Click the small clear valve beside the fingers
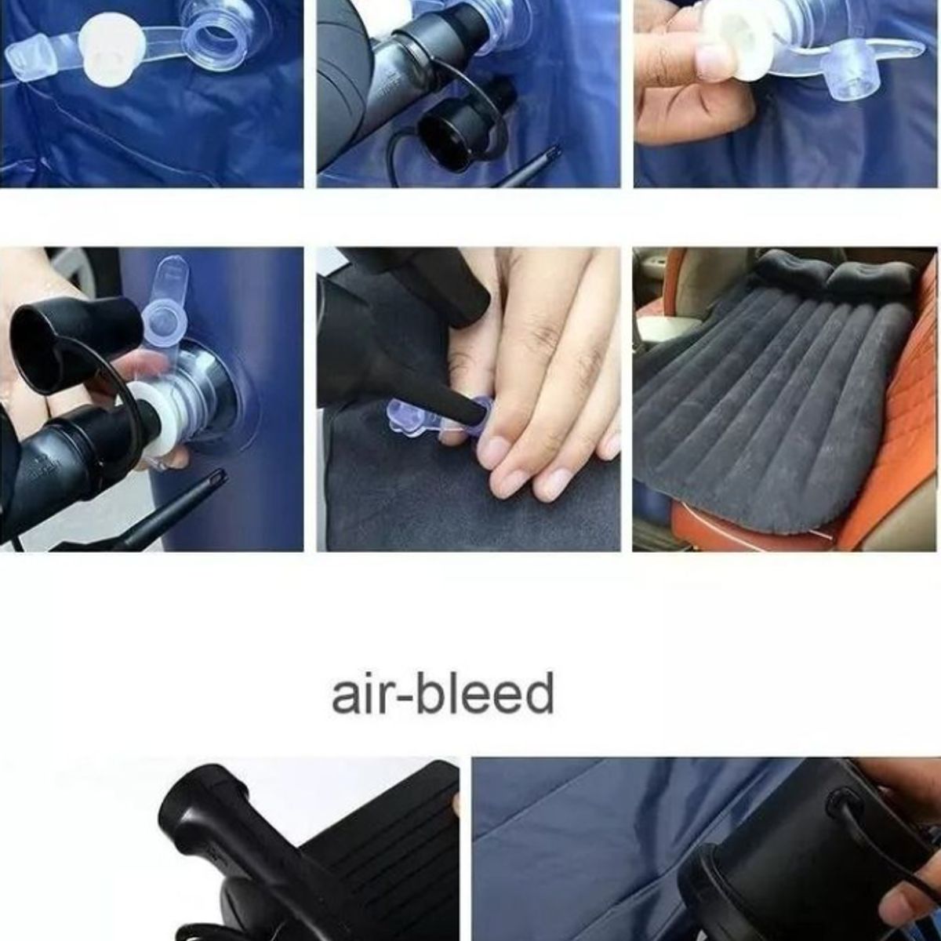pos(408,416)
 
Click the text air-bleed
pos(443,694)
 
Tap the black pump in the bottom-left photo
pos(314,855)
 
